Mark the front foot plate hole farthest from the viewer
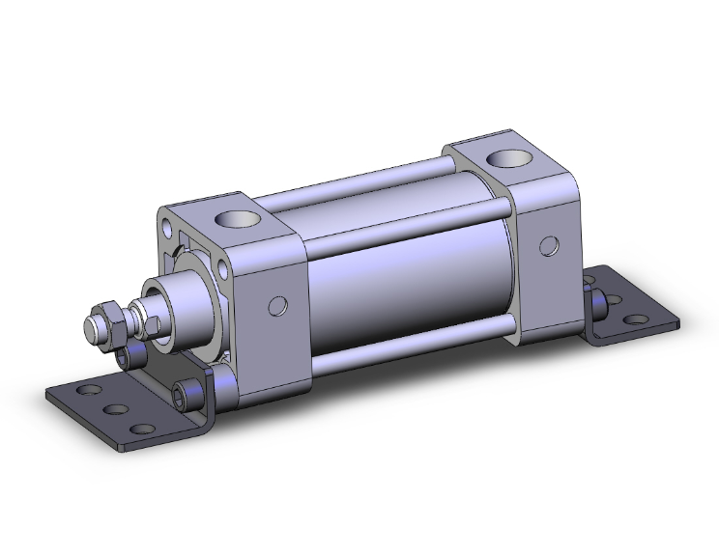coord(91,389)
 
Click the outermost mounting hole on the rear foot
coord(636,319)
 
